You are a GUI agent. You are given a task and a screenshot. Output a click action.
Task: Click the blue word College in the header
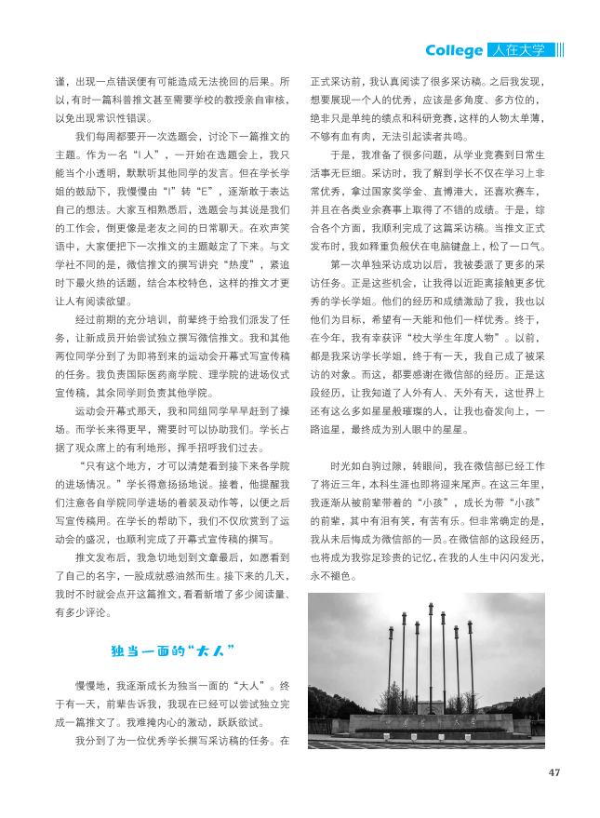454,50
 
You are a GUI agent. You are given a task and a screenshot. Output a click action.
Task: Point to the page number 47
554,771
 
